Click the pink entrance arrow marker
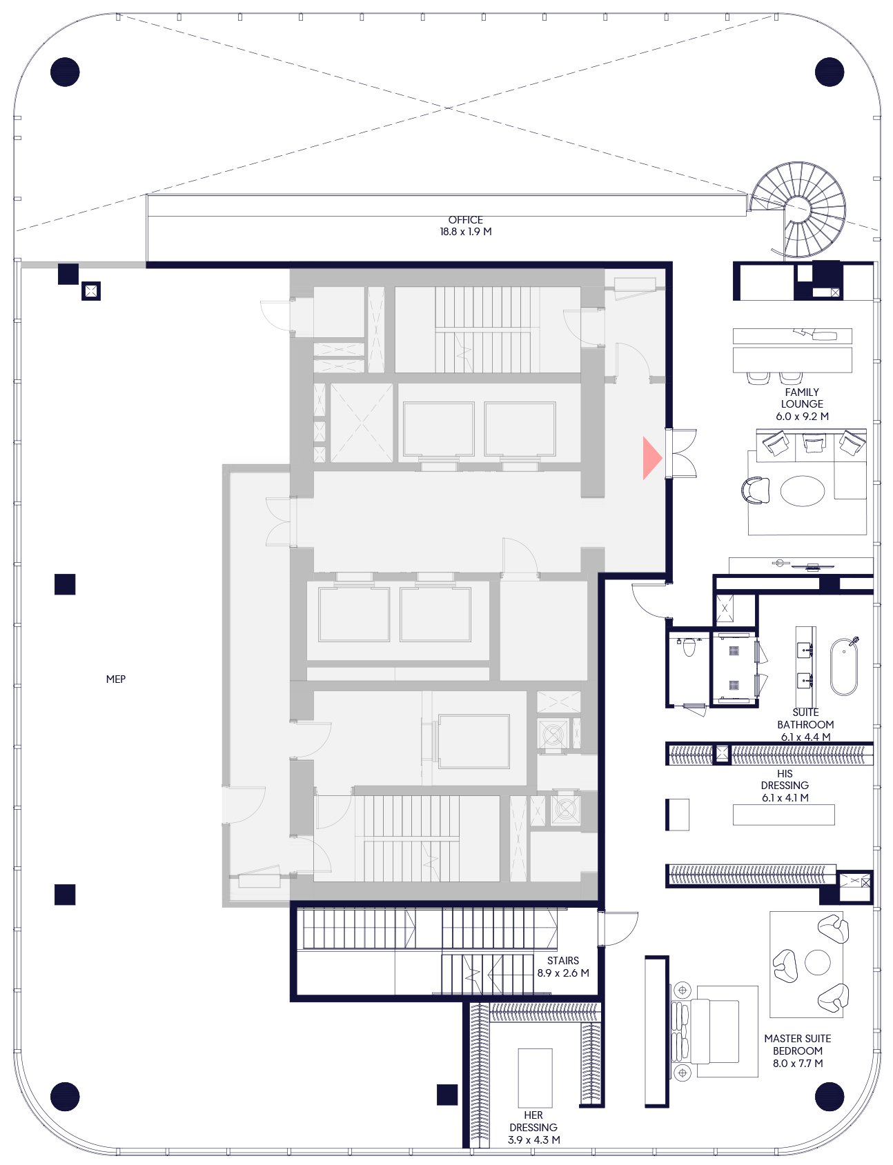click(x=651, y=457)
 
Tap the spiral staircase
click(x=799, y=209)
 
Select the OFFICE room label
click(x=466, y=219)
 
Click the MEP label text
click(x=116, y=679)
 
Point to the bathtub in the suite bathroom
click(x=844, y=667)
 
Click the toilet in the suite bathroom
click(x=689, y=647)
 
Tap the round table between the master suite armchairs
click(x=818, y=962)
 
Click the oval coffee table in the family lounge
click(x=803, y=491)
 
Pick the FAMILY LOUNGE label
click(x=802, y=398)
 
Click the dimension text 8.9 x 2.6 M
click(x=563, y=973)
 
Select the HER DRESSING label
click(x=533, y=1121)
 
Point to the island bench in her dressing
click(x=536, y=1077)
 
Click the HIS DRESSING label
click(x=785, y=779)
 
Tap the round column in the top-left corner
click(x=65, y=72)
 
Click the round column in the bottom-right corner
click(x=830, y=1097)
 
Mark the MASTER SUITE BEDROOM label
click(x=798, y=1044)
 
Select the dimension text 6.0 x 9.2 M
click(x=802, y=417)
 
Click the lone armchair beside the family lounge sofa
click(x=756, y=490)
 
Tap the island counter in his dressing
click(x=784, y=815)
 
